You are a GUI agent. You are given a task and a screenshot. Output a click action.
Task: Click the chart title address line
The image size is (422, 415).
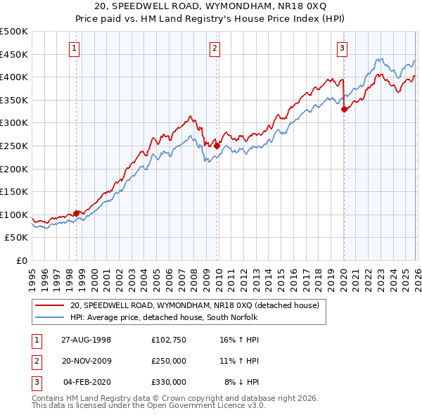pos(211,6)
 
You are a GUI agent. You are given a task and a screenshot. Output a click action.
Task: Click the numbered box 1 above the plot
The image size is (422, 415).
pos(75,49)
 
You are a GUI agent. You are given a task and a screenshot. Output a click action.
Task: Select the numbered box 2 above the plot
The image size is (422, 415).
pos(214,49)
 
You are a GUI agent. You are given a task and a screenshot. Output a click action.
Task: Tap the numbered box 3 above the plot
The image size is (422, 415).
pos(342,49)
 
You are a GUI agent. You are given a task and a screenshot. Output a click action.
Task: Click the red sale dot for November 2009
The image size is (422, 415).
pos(217,146)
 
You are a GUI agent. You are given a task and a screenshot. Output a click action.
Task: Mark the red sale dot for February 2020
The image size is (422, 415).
pos(344,109)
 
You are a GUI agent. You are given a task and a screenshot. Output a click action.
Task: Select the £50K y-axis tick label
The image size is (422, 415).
pos(17,238)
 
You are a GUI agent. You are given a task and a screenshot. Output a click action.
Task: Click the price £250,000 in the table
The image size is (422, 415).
pos(168,360)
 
